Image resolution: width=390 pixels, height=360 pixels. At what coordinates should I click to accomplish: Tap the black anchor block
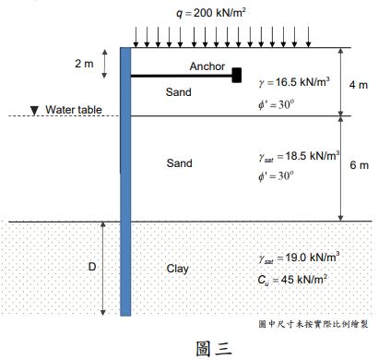click(237, 75)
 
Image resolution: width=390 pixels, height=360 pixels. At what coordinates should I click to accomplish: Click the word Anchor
click(207, 66)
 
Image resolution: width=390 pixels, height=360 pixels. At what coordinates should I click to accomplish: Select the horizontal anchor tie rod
click(181, 76)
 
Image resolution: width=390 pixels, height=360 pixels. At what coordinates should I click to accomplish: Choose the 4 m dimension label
click(360, 84)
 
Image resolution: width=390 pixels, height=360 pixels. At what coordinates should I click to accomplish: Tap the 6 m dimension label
click(360, 166)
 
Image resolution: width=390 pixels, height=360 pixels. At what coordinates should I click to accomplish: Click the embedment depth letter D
click(91, 267)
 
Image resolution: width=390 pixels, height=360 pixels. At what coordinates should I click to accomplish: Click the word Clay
click(177, 269)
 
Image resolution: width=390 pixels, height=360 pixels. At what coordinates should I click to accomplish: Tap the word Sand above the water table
click(179, 92)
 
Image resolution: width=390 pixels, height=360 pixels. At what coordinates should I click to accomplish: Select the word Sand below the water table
click(179, 163)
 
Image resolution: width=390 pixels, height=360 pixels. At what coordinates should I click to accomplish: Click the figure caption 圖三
click(213, 347)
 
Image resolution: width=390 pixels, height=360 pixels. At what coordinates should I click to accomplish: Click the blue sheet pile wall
click(125, 185)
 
